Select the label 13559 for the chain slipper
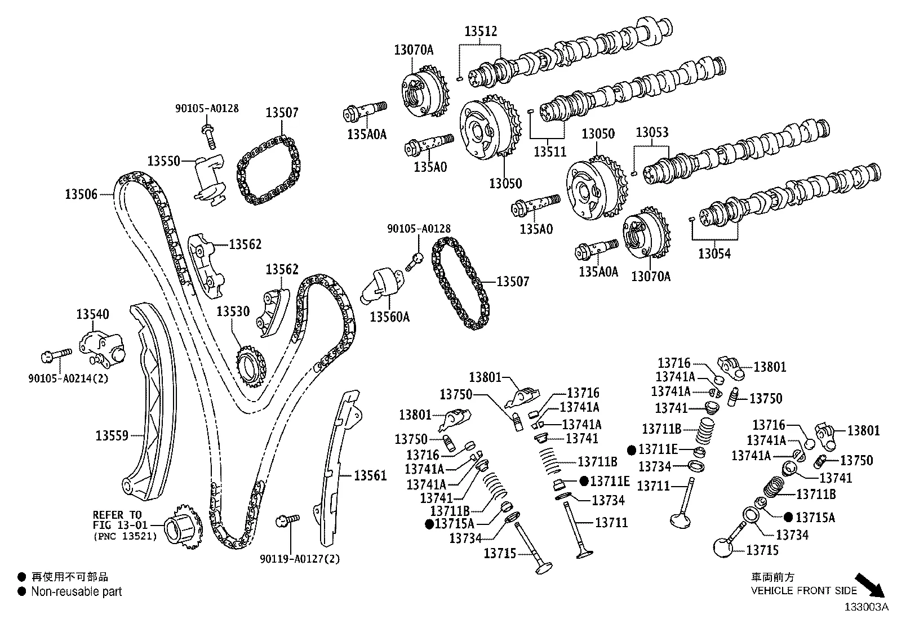click(x=112, y=435)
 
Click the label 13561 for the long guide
click(x=370, y=476)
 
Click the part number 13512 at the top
click(x=481, y=32)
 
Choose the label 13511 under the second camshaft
click(x=550, y=151)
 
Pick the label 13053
click(x=652, y=133)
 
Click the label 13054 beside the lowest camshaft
click(x=714, y=254)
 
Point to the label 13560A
click(x=389, y=317)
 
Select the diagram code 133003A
click(x=865, y=607)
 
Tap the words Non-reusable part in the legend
click(x=76, y=592)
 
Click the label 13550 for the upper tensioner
click(x=163, y=161)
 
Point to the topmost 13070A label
click(x=414, y=50)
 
